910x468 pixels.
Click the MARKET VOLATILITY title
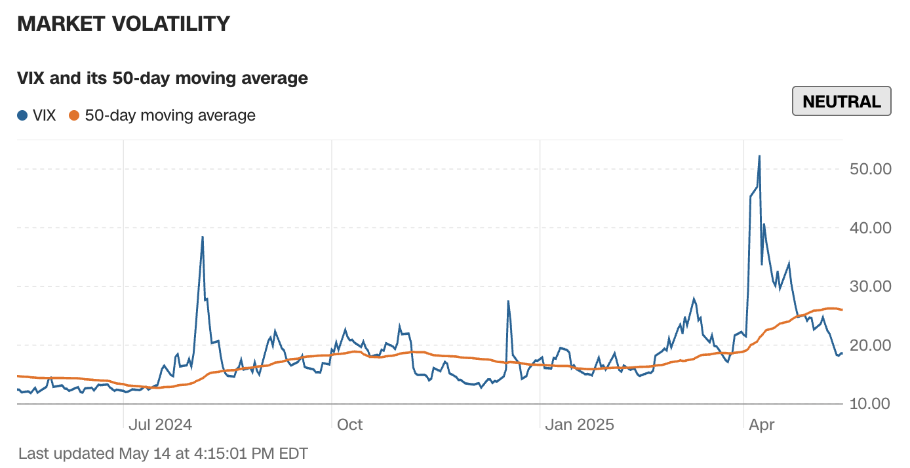coord(123,24)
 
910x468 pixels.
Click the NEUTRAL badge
coord(841,102)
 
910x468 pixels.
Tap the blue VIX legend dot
coord(23,116)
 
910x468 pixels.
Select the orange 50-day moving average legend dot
coord(74,116)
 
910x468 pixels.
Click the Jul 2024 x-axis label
coord(160,425)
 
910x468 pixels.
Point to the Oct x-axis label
coord(349,425)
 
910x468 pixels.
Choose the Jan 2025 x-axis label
coord(580,425)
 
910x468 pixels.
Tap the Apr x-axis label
coord(761,425)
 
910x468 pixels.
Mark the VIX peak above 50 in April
coord(759,156)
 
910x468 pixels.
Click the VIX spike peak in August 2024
coord(203,237)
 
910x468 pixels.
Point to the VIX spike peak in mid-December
coord(508,302)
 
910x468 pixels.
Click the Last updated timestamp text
coord(163,453)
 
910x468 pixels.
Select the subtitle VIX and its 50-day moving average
coord(163,79)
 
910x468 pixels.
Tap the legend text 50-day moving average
coord(170,116)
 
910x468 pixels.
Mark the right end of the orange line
coord(842,309)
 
